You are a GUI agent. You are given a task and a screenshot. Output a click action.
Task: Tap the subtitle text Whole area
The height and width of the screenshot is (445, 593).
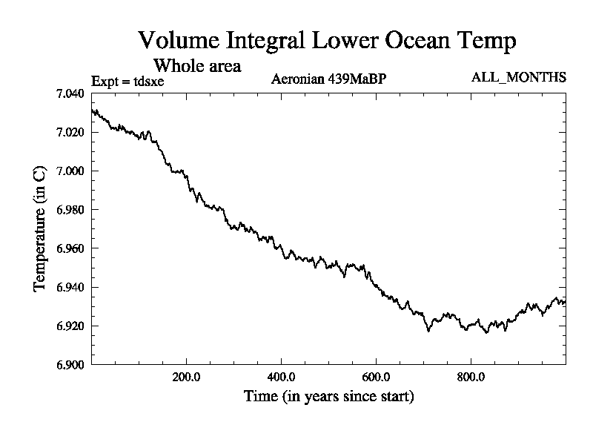pyautogui.click(x=196, y=65)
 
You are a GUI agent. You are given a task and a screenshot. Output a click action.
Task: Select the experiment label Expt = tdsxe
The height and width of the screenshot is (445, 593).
pyautogui.click(x=127, y=81)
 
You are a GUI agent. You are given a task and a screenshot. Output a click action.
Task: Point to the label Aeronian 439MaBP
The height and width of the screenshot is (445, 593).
pyautogui.click(x=329, y=79)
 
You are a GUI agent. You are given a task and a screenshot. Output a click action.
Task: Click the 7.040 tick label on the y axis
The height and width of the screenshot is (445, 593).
pyautogui.click(x=70, y=93)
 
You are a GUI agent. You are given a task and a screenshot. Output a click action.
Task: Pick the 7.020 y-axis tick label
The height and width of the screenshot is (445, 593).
pyautogui.click(x=70, y=132)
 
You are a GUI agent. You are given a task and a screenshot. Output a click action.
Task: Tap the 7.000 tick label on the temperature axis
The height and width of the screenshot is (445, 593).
pyautogui.click(x=70, y=171)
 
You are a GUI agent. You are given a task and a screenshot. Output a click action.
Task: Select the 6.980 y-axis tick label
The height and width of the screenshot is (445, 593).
pyautogui.click(x=70, y=210)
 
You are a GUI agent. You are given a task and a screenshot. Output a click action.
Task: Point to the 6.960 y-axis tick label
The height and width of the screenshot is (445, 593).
pyautogui.click(x=70, y=248)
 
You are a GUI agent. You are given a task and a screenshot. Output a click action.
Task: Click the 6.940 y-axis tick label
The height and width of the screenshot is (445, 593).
pyautogui.click(x=70, y=287)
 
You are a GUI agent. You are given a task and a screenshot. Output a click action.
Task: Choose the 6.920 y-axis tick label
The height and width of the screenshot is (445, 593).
pyautogui.click(x=70, y=326)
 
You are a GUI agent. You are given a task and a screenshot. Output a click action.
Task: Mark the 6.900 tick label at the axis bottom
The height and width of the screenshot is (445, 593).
pyautogui.click(x=70, y=364)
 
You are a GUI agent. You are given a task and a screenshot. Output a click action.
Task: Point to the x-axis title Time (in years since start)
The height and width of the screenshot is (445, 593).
pyautogui.click(x=328, y=397)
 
